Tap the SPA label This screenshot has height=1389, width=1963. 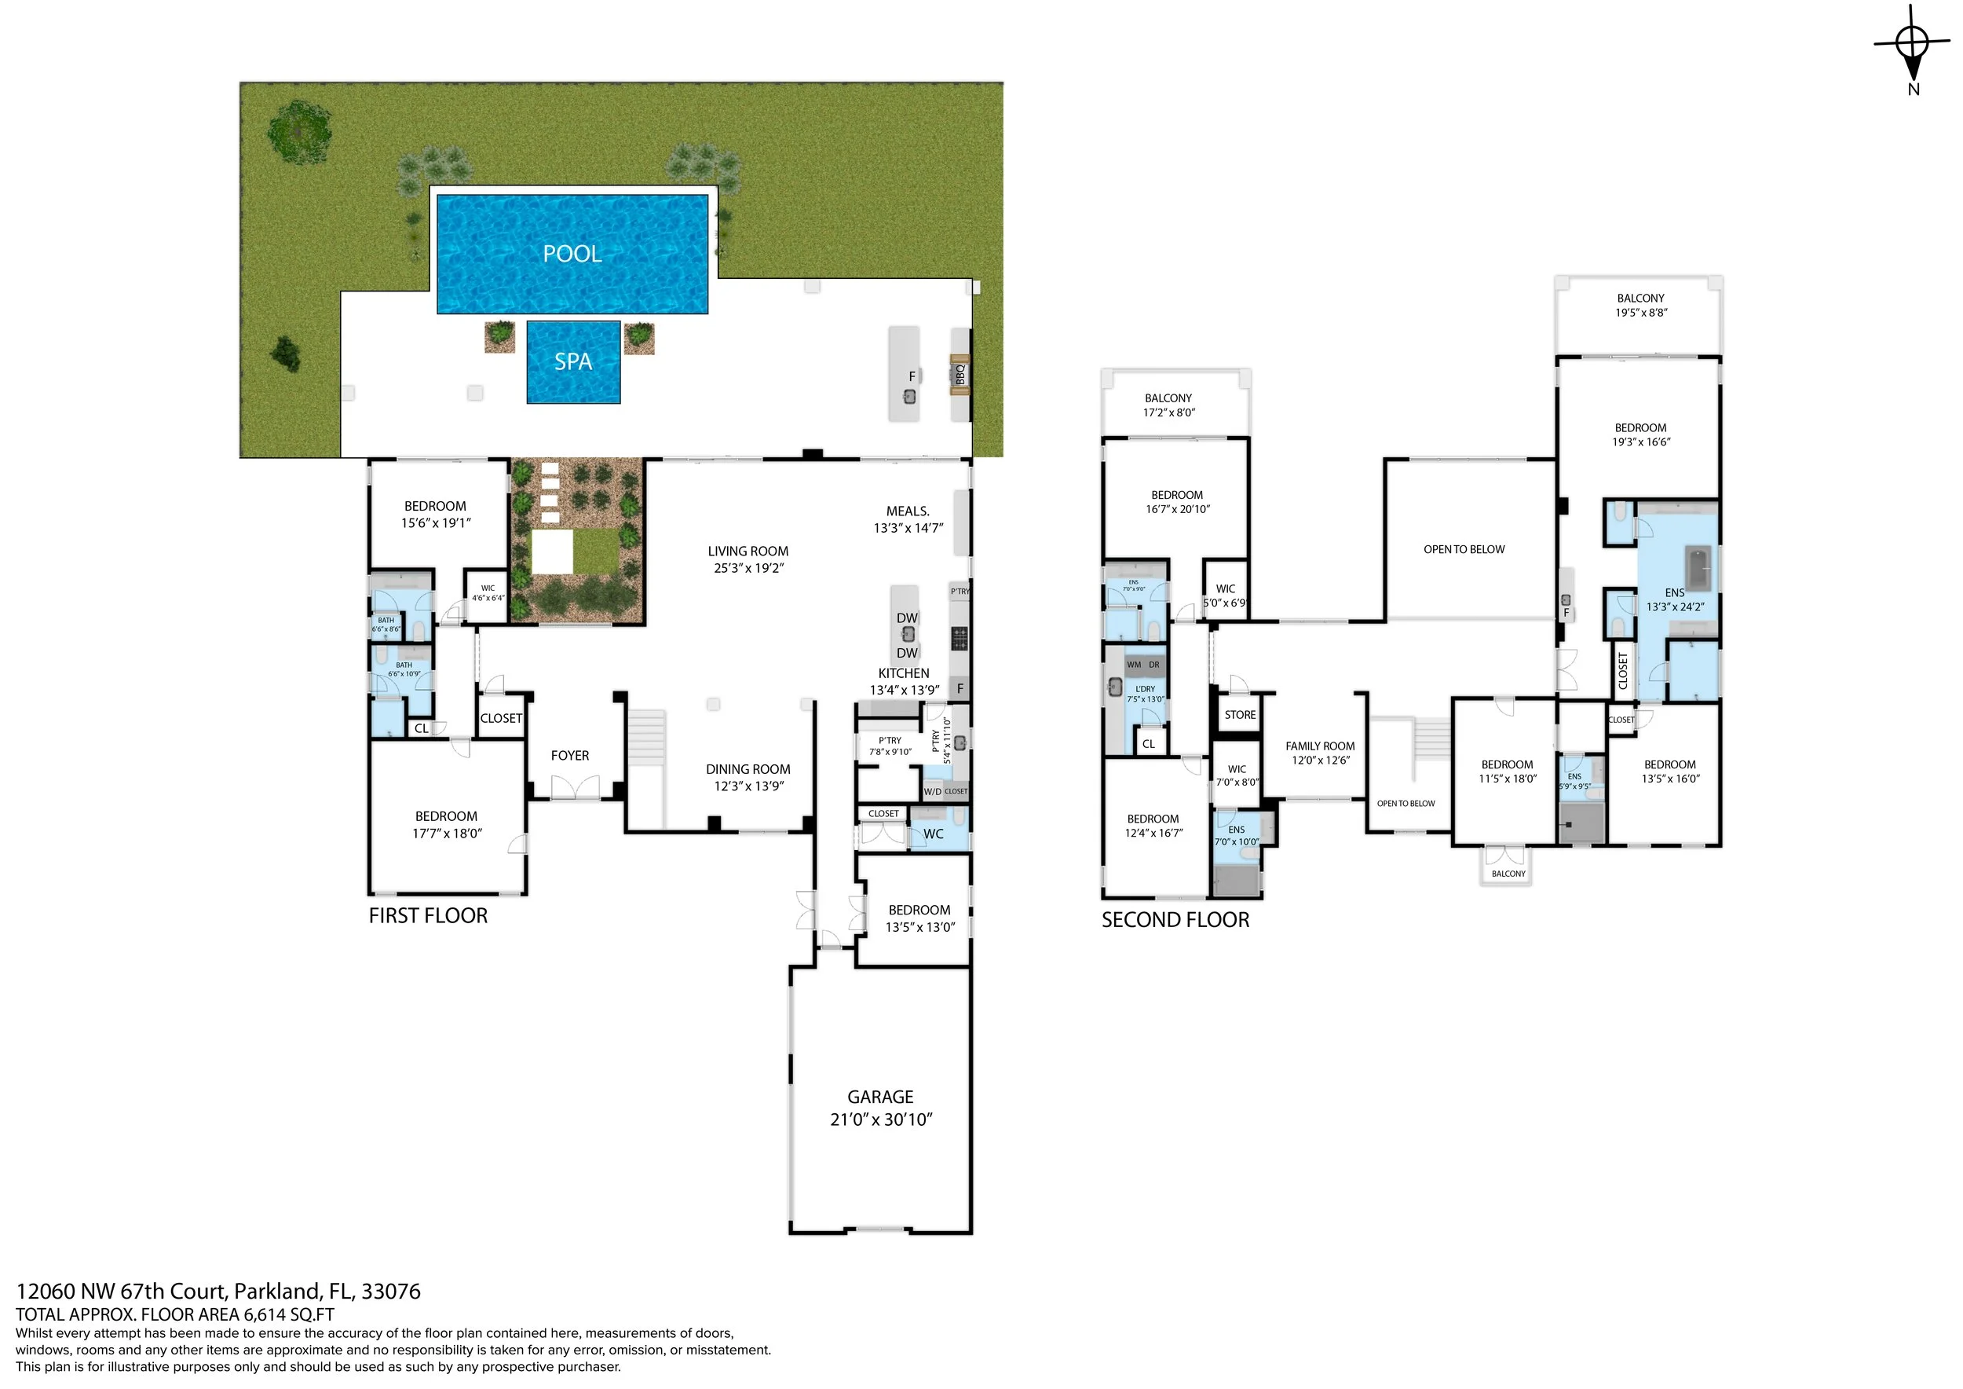(x=573, y=362)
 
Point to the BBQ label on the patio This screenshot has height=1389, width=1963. (x=960, y=375)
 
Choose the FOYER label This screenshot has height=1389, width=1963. (x=569, y=756)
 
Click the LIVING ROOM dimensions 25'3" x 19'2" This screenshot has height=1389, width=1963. (x=748, y=568)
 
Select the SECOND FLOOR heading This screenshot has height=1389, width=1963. (x=1175, y=920)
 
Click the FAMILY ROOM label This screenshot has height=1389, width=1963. (x=1319, y=746)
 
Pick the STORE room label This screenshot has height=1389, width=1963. (x=1240, y=715)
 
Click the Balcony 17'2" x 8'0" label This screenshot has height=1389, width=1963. (x=1168, y=405)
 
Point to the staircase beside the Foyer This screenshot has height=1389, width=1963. (x=646, y=739)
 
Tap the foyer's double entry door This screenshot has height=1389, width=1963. (x=575, y=787)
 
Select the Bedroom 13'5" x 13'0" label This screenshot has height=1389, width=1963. (x=919, y=918)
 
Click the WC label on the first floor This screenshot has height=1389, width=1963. (x=933, y=834)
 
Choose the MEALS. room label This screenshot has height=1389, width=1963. (x=907, y=511)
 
